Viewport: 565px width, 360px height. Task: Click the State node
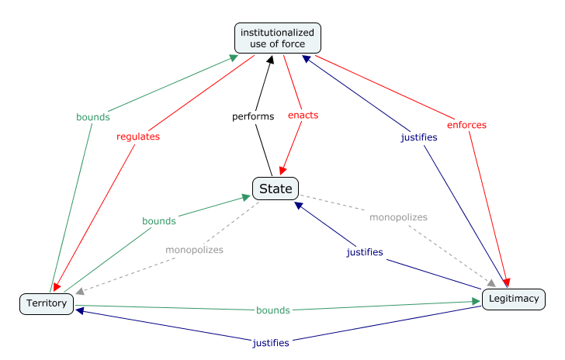pos(276,189)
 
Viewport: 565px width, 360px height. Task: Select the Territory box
pos(47,304)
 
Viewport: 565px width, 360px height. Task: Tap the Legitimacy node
pos(514,299)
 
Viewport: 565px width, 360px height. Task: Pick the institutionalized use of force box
pos(278,38)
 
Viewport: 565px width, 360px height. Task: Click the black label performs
pos(253,116)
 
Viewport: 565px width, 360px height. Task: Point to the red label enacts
pos(303,116)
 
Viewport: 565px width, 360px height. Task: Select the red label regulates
pos(138,137)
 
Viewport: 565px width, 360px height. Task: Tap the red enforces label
pos(466,125)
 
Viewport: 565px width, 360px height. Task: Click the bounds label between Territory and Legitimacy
pos(272,310)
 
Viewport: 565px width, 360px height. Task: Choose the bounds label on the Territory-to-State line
pos(159,221)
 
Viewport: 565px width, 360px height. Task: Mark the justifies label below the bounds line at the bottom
pos(271,343)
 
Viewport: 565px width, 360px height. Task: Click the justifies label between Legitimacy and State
pos(365,252)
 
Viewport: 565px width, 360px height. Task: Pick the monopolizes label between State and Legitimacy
pos(398,217)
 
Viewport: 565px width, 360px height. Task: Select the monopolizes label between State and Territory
pos(194,250)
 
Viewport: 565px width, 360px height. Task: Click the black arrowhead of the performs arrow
pos(271,60)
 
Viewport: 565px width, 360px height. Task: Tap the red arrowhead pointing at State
pos(282,171)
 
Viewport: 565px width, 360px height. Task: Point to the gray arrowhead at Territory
pos(80,291)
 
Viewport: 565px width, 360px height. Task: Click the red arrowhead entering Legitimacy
pos(506,282)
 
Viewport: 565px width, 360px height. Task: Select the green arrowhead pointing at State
pos(246,197)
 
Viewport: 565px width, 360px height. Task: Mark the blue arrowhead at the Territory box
pos(80,310)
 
